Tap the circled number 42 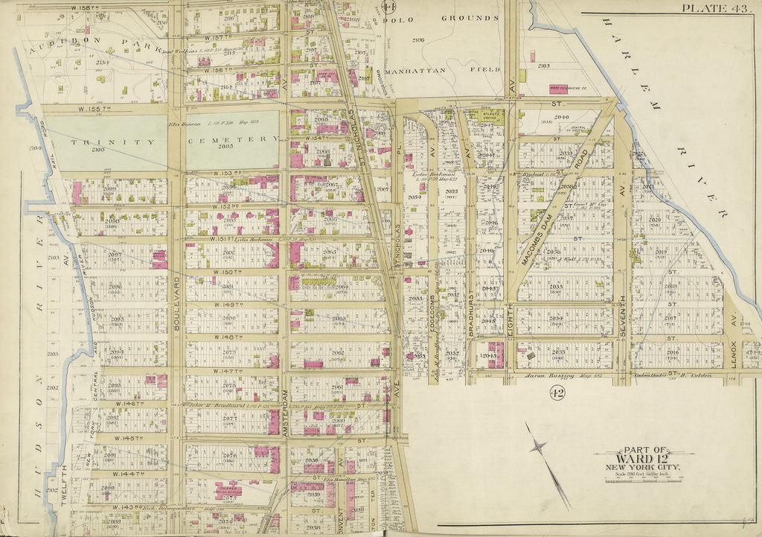pyautogui.click(x=556, y=393)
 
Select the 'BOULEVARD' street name pyautogui.click(x=176, y=247)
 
